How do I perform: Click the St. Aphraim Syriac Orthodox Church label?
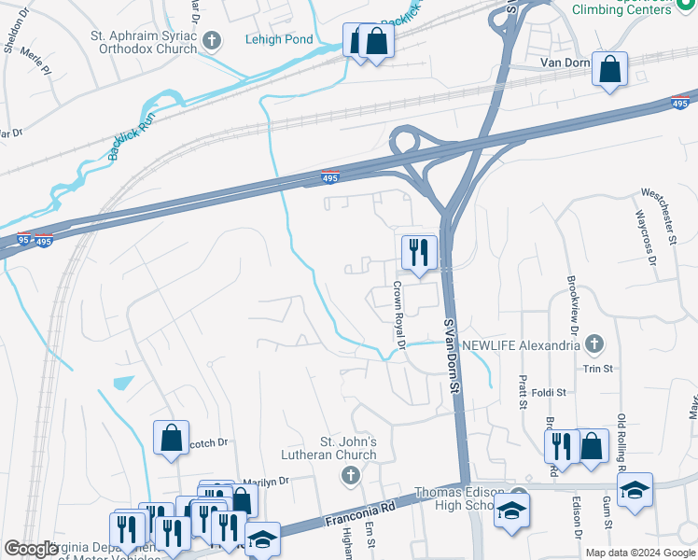(144, 41)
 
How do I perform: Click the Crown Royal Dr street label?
(398, 315)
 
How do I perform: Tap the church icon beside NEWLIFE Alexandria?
(593, 344)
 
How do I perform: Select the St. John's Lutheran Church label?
(349, 448)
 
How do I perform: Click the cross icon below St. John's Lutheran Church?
(350, 477)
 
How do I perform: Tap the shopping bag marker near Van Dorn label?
(609, 69)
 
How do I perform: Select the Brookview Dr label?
(572, 304)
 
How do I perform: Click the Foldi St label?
(547, 393)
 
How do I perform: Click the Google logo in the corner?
(31, 549)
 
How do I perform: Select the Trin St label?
(597, 369)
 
